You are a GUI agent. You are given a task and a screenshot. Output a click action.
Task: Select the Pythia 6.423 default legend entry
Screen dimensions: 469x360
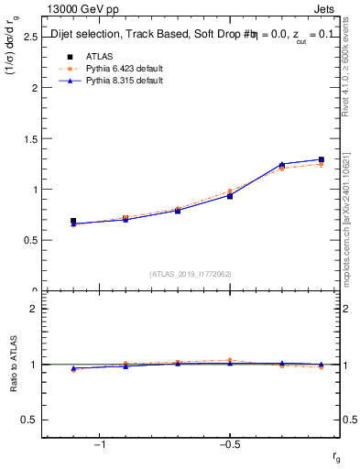pos(124,68)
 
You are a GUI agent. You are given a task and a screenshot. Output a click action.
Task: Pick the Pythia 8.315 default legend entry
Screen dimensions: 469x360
pos(124,81)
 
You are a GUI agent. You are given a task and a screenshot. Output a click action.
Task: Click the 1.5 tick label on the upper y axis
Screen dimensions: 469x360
pos(28,139)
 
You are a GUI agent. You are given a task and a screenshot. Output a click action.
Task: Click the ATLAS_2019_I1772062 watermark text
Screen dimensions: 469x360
pos(191,273)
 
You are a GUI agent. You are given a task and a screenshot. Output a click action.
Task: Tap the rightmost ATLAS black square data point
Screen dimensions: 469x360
pos(321,160)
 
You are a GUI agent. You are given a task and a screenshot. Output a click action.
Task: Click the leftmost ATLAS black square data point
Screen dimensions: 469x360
pos(73,221)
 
